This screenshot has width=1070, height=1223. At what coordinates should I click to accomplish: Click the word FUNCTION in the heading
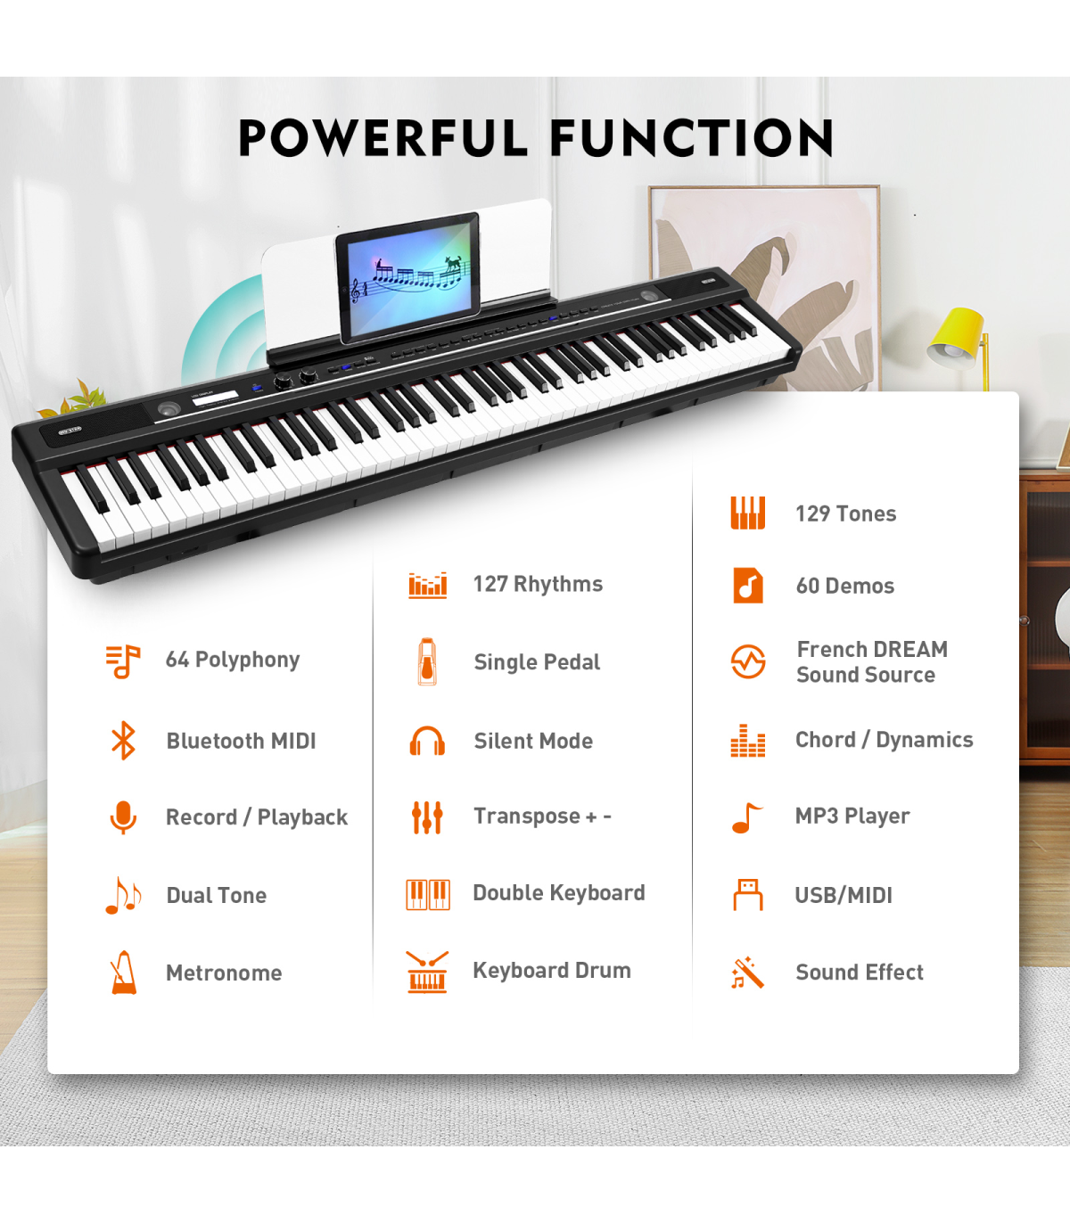pyautogui.click(x=692, y=137)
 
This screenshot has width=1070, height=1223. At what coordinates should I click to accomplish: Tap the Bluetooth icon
pyautogui.click(x=123, y=740)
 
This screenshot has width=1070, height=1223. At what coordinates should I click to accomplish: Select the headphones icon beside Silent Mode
pyautogui.click(x=427, y=741)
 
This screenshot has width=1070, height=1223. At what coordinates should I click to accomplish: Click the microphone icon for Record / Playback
pyautogui.click(x=123, y=817)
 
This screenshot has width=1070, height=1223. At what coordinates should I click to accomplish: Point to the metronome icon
pyautogui.click(x=124, y=972)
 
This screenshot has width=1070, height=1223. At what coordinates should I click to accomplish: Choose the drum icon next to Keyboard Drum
pyautogui.click(x=427, y=972)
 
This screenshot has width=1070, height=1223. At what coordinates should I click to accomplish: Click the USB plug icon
pyautogui.click(x=748, y=894)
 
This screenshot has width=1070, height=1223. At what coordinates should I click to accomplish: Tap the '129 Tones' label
pyautogui.click(x=846, y=513)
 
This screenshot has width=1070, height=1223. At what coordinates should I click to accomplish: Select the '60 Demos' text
pyautogui.click(x=845, y=586)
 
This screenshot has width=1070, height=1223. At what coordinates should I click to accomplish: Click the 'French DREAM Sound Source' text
pyautogui.click(x=872, y=661)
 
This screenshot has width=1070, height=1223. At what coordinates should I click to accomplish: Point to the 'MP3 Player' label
pyautogui.click(x=852, y=816)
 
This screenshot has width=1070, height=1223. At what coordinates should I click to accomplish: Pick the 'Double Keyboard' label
pyautogui.click(x=559, y=892)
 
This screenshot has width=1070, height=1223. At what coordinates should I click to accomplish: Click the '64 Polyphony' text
pyautogui.click(x=233, y=660)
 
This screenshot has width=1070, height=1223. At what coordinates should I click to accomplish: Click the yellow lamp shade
pyautogui.click(x=957, y=338)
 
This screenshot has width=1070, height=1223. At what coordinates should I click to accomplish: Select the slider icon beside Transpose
pyautogui.click(x=427, y=817)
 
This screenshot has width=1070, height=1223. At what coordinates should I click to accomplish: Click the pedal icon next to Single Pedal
pyautogui.click(x=427, y=661)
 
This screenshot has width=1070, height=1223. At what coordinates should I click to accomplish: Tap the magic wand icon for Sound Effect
pyautogui.click(x=747, y=973)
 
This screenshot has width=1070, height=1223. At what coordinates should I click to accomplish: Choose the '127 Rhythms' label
pyautogui.click(x=538, y=584)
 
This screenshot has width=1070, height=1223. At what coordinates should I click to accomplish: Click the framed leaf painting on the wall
pyautogui.click(x=764, y=288)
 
